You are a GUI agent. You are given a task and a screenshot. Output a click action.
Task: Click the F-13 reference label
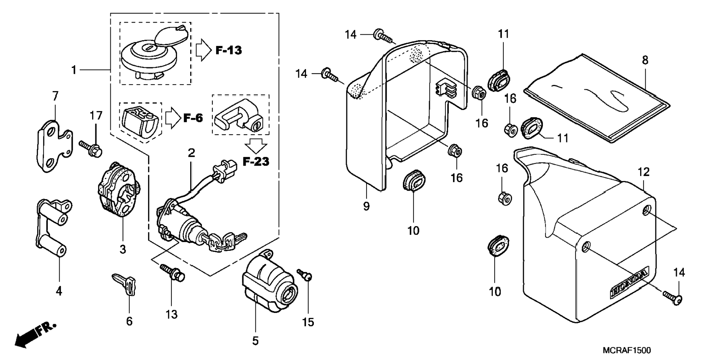(229, 50)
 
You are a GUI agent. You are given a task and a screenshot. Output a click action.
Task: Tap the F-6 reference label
(193, 118)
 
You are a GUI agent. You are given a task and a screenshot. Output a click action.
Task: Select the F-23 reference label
(256, 162)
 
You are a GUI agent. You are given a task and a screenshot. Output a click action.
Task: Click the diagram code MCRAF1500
(627, 350)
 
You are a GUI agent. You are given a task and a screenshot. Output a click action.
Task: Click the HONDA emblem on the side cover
(629, 283)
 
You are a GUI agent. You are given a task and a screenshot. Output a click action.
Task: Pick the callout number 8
(645, 60)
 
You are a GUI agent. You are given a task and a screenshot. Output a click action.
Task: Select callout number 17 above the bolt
(96, 116)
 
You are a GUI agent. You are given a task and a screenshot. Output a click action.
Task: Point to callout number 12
(643, 172)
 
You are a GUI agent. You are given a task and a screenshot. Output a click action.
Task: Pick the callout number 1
(74, 70)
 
